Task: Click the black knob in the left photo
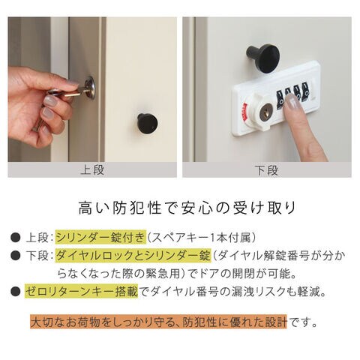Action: (148, 124)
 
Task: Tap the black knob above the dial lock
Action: (263, 58)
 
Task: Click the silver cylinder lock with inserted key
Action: (90, 88)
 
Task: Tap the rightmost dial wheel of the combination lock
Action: (305, 92)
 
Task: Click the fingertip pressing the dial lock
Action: (292, 102)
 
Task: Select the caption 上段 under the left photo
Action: (92, 170)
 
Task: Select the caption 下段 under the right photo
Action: (266, 170)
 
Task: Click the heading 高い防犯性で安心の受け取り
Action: (187, 208)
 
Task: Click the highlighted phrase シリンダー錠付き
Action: (100, 237)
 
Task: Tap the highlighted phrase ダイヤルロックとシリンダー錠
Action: (133, 255)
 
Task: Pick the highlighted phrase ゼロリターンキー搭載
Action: (82, 292)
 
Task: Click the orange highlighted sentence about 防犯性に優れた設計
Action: (159, 322)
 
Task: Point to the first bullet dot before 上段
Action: (16, 238)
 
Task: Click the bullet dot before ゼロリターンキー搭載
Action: (16, 292)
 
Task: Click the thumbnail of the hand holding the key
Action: (92, 89)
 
